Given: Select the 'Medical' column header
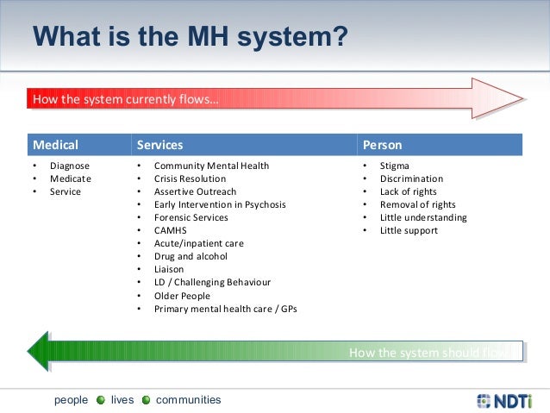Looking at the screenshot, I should point(55,145).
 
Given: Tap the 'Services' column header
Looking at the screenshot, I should point(159,145).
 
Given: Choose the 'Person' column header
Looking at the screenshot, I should point(382,145).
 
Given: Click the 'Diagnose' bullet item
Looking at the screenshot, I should point(69,166).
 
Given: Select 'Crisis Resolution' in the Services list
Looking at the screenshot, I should point(190,178).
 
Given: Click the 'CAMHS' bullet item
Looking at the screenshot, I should point(171,230).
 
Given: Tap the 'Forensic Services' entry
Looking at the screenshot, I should point(191,217).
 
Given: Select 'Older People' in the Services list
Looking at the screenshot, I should point(182,296).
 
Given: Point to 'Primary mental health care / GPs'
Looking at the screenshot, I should point(225,309).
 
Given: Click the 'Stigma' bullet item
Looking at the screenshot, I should point(395,166).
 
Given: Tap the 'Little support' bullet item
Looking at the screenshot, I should point(409,230).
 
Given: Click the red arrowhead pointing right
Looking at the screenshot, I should point(497,97).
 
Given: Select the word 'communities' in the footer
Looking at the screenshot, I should point(188,400).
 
